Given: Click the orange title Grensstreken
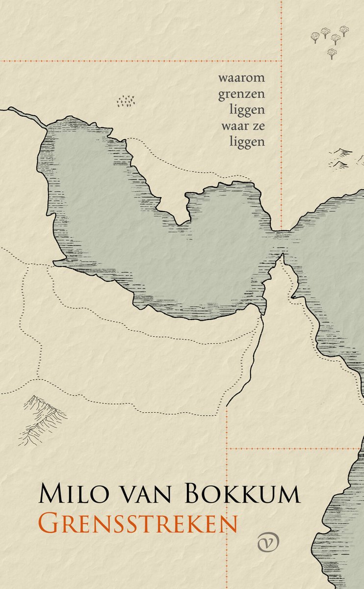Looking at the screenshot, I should (138, 523).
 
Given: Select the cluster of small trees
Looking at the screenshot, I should (331, 39).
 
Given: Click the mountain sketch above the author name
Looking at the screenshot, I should (42, 417).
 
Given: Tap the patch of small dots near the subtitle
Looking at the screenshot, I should (126, 101).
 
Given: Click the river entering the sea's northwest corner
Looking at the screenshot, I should (25, 116).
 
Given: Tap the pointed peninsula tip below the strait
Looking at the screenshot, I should (282, 257).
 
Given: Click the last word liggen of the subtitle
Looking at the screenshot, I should (247, 142).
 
